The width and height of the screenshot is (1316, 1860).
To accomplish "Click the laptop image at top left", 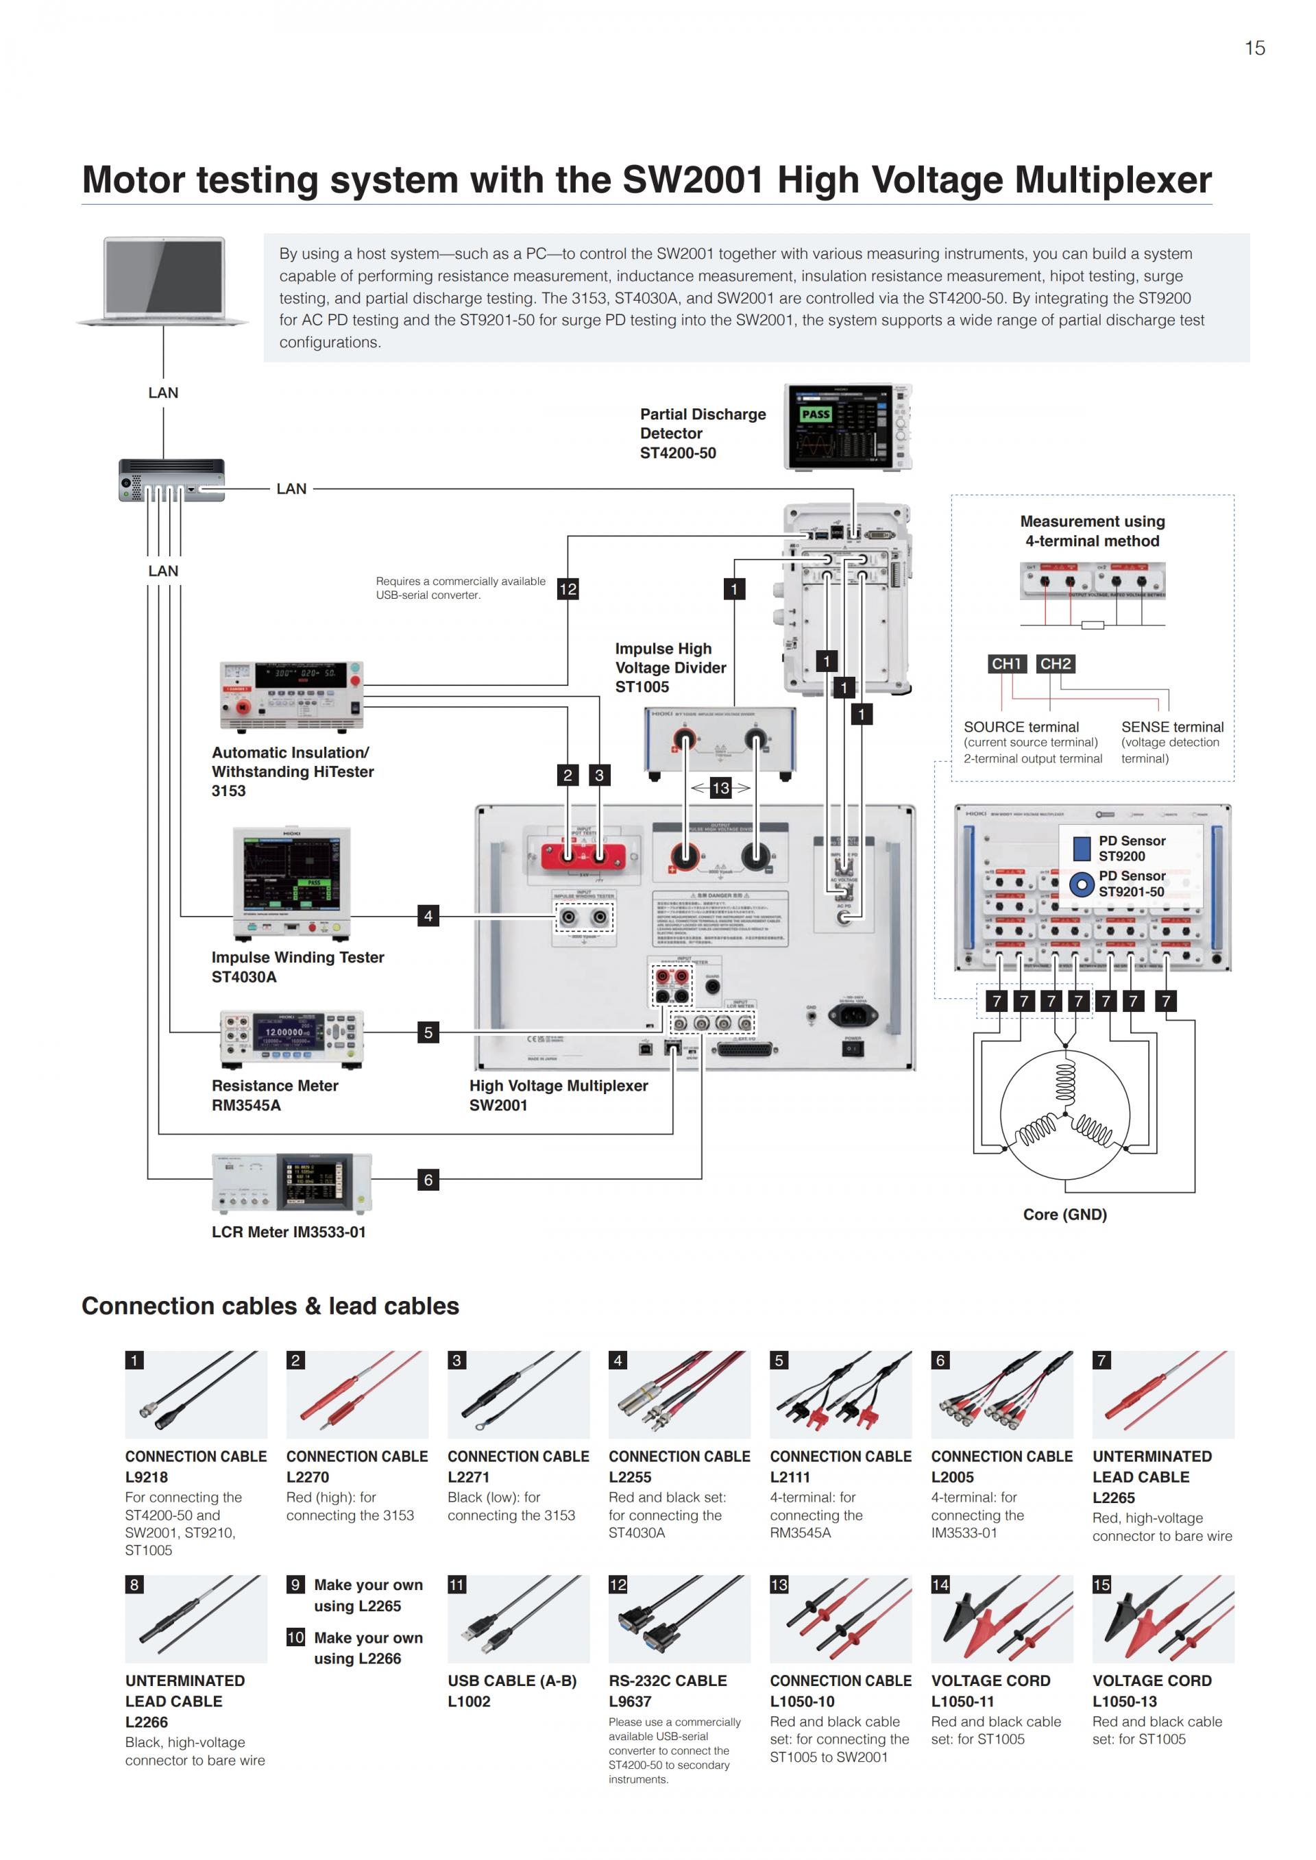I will click(164, 280).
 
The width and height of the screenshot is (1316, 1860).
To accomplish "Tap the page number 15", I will click(1254, 49).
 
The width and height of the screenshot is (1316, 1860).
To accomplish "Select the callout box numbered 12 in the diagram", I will click(568, 589).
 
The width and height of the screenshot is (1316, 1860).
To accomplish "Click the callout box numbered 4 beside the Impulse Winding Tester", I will click(428, 915).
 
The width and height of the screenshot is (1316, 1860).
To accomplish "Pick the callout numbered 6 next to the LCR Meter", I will click(428, 1180).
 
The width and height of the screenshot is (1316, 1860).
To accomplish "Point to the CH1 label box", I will click(1006, 663).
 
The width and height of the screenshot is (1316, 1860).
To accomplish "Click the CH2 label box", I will click(1055, 663).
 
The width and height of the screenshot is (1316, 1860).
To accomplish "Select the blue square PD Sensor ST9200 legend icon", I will click(1081, 848).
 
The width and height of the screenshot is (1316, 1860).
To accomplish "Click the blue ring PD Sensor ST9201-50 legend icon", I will click(1081, 884).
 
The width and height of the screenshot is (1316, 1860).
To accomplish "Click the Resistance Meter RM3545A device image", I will click(292, 1039).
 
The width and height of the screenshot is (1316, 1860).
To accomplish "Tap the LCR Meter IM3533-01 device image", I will click(292, 1182).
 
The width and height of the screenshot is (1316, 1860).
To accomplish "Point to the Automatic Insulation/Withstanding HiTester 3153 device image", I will click(292, 697).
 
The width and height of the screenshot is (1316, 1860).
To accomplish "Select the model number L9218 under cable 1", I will click(147, 1477).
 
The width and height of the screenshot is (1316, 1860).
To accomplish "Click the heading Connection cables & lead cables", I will click(270, 1306).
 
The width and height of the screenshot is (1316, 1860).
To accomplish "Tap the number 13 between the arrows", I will click(720, 787).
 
